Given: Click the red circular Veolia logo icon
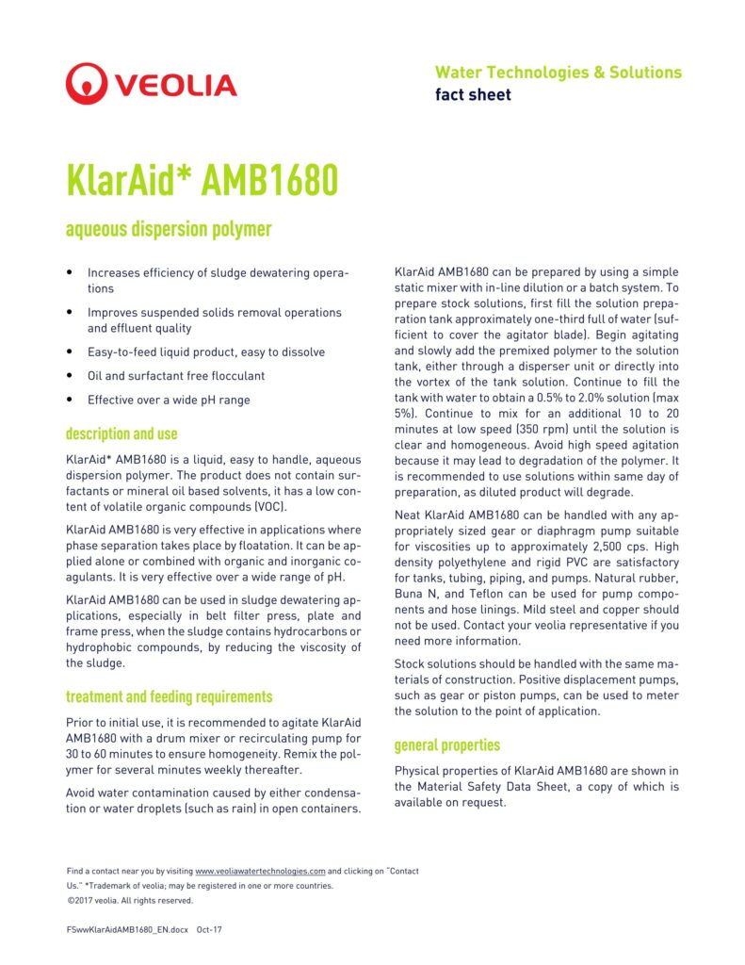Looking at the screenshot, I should coord(87,84).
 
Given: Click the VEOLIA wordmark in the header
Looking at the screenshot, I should coord(176,86).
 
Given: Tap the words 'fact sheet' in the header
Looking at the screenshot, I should coord(473,94).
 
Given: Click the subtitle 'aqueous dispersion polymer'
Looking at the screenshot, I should coord(169,229).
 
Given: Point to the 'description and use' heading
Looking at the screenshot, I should coord(121,433).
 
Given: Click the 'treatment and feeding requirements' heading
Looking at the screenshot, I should coord(169,697).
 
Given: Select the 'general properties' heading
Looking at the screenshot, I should coord(447,745).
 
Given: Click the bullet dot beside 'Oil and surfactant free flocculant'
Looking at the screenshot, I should coord(70,376).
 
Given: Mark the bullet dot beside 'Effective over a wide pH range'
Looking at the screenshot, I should coord(70,400).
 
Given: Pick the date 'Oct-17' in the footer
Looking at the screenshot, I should coord(210,929).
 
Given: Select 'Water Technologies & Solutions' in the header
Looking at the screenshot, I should coord(558,73).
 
